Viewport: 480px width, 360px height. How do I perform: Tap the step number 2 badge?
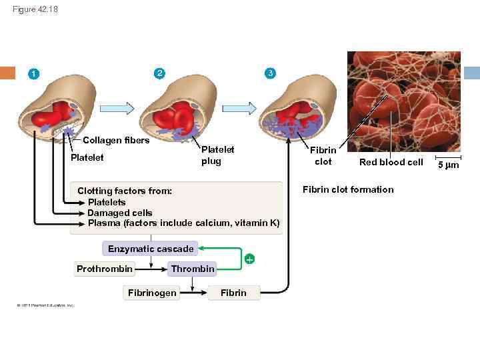158,73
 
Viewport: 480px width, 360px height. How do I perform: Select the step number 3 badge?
269,73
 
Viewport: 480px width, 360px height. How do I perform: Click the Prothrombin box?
105,269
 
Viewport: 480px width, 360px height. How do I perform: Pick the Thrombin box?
193,269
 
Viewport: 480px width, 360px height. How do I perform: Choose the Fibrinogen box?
153,293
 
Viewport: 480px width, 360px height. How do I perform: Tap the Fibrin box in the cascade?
233,293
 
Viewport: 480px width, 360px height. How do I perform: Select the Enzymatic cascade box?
151,249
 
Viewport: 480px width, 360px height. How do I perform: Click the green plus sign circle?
249,259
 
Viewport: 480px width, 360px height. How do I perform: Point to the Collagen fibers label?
116,140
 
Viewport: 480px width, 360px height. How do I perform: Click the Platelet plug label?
217,156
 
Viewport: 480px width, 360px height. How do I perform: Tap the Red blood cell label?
391,162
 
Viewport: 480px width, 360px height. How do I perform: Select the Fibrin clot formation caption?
348,189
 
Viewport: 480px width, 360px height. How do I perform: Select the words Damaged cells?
120,213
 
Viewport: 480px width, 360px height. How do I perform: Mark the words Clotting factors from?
125,191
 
